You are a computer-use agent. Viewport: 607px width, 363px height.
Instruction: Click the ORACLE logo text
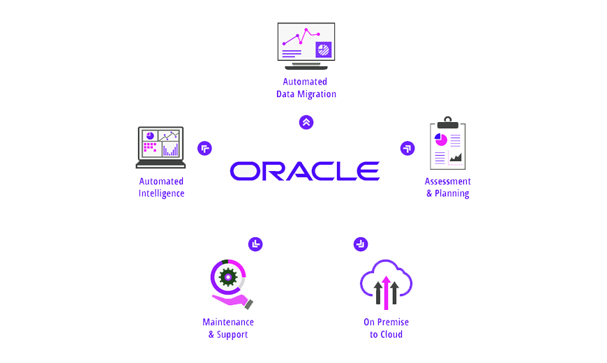pos(305,171)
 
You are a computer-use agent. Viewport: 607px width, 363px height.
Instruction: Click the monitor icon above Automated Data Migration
pos(306,45)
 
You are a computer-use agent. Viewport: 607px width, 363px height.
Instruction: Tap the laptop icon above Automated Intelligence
pos(160,147)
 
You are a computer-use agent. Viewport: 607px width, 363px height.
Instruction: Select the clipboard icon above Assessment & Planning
pos(447,144)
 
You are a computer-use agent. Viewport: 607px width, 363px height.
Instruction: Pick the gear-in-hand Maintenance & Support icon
pos(230,283)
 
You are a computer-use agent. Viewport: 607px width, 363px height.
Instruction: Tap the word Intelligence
pos(161,193)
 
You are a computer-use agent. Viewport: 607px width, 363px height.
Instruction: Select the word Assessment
pos(448,181)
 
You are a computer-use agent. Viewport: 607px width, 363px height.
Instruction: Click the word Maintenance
pos(228,322)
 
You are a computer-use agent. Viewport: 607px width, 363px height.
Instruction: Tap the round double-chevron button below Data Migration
pos(306,123)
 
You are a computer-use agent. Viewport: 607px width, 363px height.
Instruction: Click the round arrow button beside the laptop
pos(204,148)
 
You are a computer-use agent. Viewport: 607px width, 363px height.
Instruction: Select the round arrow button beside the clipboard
pos(407,148)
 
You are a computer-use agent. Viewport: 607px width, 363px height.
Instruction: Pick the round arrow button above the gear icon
pos(255,244)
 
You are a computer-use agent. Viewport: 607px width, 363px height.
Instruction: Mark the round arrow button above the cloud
pos(361,244)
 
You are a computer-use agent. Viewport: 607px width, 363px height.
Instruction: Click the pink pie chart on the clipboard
pos(441,140)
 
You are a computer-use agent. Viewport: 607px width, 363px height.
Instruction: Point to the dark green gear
pos(228,277)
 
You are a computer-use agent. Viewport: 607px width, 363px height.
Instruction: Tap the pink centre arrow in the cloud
pos(386,292)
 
